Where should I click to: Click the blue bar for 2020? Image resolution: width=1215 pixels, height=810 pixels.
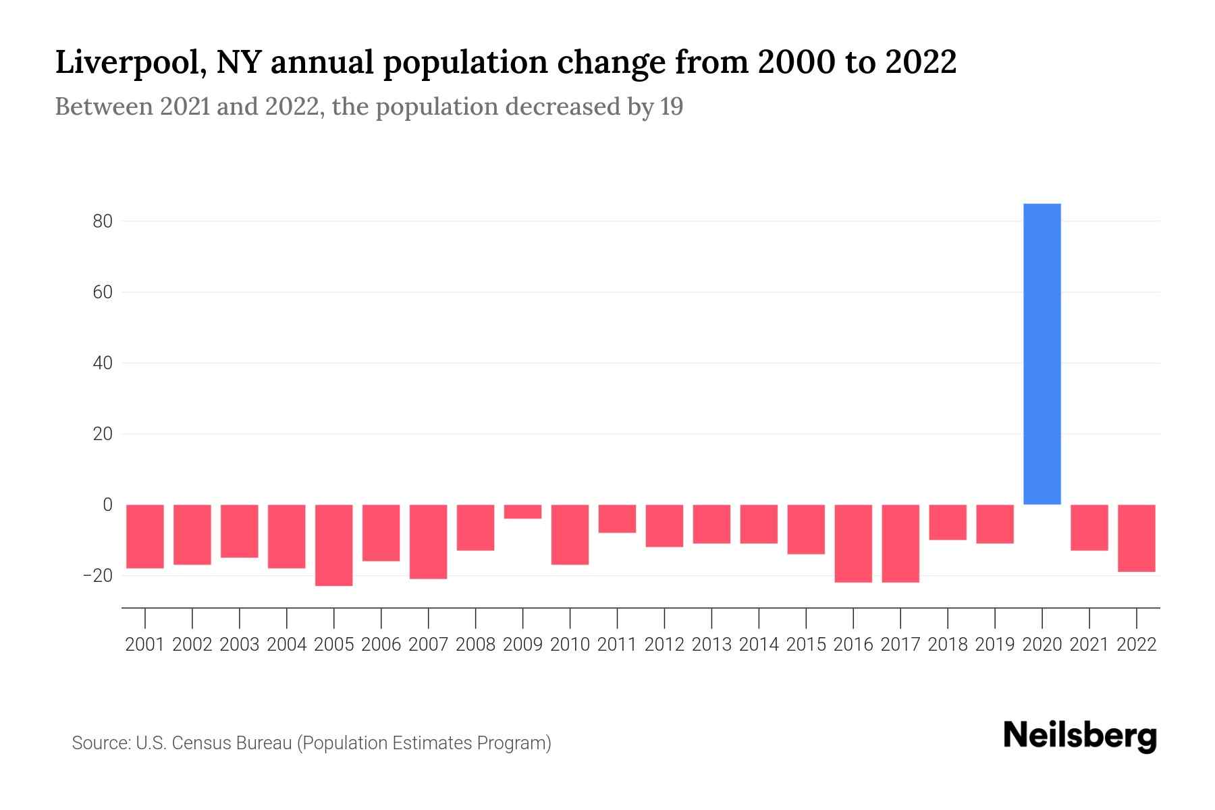(x=1042, y=354)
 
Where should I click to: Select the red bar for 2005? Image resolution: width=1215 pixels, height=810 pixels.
(x=333, y=545)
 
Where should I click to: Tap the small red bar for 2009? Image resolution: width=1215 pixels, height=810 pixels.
(x=522, y=512)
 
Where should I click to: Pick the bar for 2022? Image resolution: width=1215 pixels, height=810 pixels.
(x=1136, y=538)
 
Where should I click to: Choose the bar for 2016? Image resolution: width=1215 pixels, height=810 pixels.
(x=853, y=543)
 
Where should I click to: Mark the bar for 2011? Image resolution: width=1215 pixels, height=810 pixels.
(x=617, y=518)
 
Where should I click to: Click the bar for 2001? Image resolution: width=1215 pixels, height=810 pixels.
(x=145, y=536)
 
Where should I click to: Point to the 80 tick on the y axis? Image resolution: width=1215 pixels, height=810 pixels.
(x=103, y=221)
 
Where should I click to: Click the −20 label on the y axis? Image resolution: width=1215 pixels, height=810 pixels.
(x=98, y=576)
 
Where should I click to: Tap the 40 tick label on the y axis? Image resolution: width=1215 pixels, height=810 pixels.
(x=103, y=363)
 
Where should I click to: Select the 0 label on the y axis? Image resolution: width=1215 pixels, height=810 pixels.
(x=107, y=505)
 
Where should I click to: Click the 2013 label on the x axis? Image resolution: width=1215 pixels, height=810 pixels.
(x=711, y=645)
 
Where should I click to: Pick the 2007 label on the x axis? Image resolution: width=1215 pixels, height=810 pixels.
(x=428, y=645)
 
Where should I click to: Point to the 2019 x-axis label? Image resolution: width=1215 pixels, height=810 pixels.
(x=994, y=645)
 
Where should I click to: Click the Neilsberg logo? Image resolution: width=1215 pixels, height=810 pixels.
(x=1079, y=736)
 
